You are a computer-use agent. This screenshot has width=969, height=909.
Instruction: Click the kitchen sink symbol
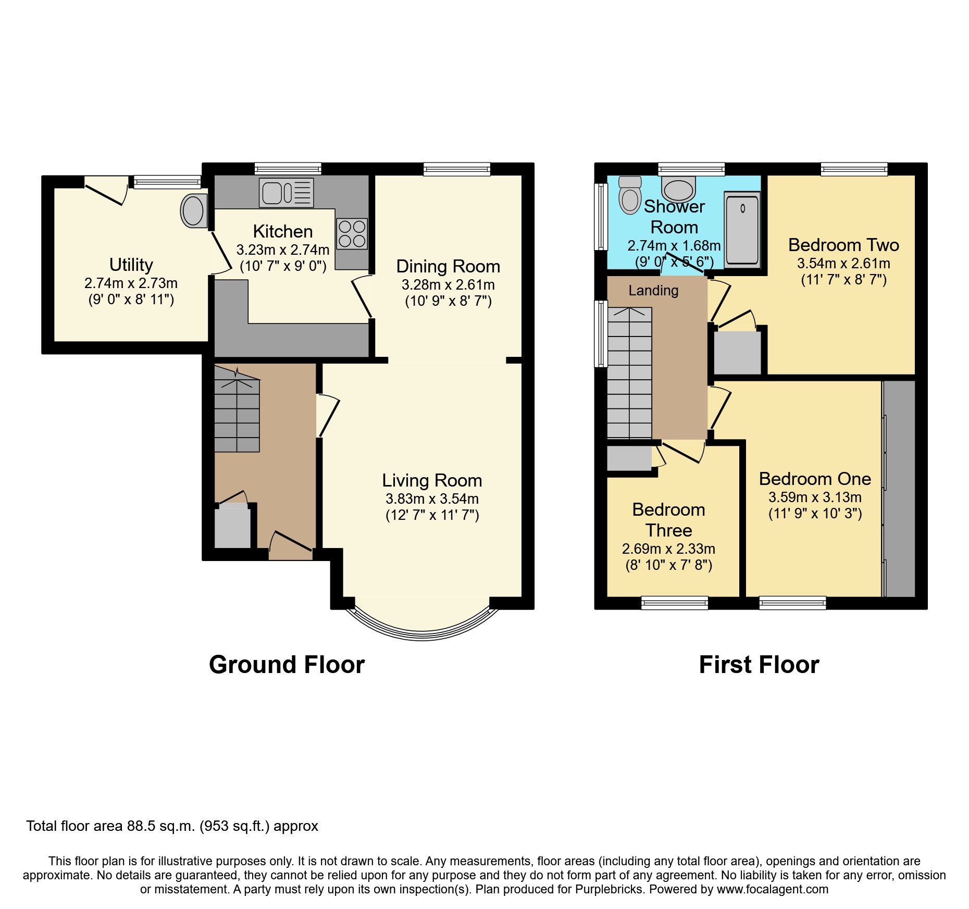point(286,193)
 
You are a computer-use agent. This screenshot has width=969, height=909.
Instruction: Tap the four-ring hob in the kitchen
point(352,234)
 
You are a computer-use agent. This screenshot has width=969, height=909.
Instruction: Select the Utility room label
point(131,265)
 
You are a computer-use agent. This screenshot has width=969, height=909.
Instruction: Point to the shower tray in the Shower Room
point(742,229)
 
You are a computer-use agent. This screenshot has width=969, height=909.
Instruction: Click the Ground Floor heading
point(287,665)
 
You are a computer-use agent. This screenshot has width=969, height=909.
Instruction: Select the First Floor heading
point(759,665)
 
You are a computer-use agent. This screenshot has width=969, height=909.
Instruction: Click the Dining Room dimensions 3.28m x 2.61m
point(448,285)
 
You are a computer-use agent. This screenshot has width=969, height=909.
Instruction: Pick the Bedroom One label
point(815,479)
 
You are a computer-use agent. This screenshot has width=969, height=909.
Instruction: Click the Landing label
point(653,291)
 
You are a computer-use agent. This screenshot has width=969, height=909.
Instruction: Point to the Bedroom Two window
point(854,169)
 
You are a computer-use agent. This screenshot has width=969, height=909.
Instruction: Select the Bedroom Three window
point(674,603)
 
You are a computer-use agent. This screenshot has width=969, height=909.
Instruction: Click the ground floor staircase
point(237,414)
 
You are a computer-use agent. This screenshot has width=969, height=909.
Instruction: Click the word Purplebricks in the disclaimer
point(608,889)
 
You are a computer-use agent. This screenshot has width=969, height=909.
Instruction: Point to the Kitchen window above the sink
point(288,169)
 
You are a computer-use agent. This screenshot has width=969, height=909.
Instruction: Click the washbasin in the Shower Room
point(679,189)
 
